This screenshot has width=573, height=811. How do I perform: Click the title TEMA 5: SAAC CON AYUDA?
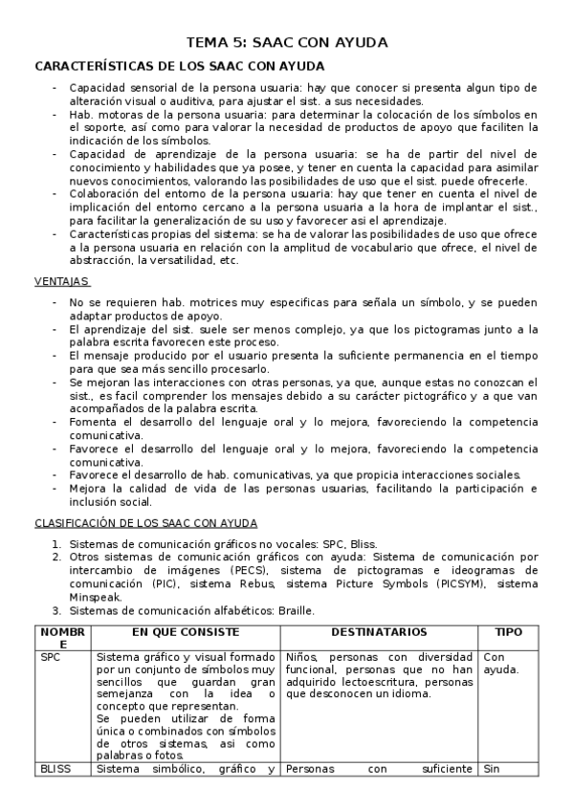point(286,43)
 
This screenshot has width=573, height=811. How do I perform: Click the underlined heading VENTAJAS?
point(62,281)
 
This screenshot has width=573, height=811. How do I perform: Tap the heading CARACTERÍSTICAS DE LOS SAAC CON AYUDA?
point(179,66)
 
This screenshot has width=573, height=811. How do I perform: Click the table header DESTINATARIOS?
point(379,633)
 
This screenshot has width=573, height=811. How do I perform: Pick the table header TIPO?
point(507,633)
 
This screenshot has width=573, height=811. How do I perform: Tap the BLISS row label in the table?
point(57,768)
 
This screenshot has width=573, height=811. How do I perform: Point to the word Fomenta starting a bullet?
point(93,422)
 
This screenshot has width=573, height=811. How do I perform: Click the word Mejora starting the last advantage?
point(88,488)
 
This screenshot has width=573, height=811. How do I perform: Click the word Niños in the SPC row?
point(303,657)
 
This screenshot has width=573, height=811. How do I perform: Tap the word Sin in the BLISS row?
point(493,768)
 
